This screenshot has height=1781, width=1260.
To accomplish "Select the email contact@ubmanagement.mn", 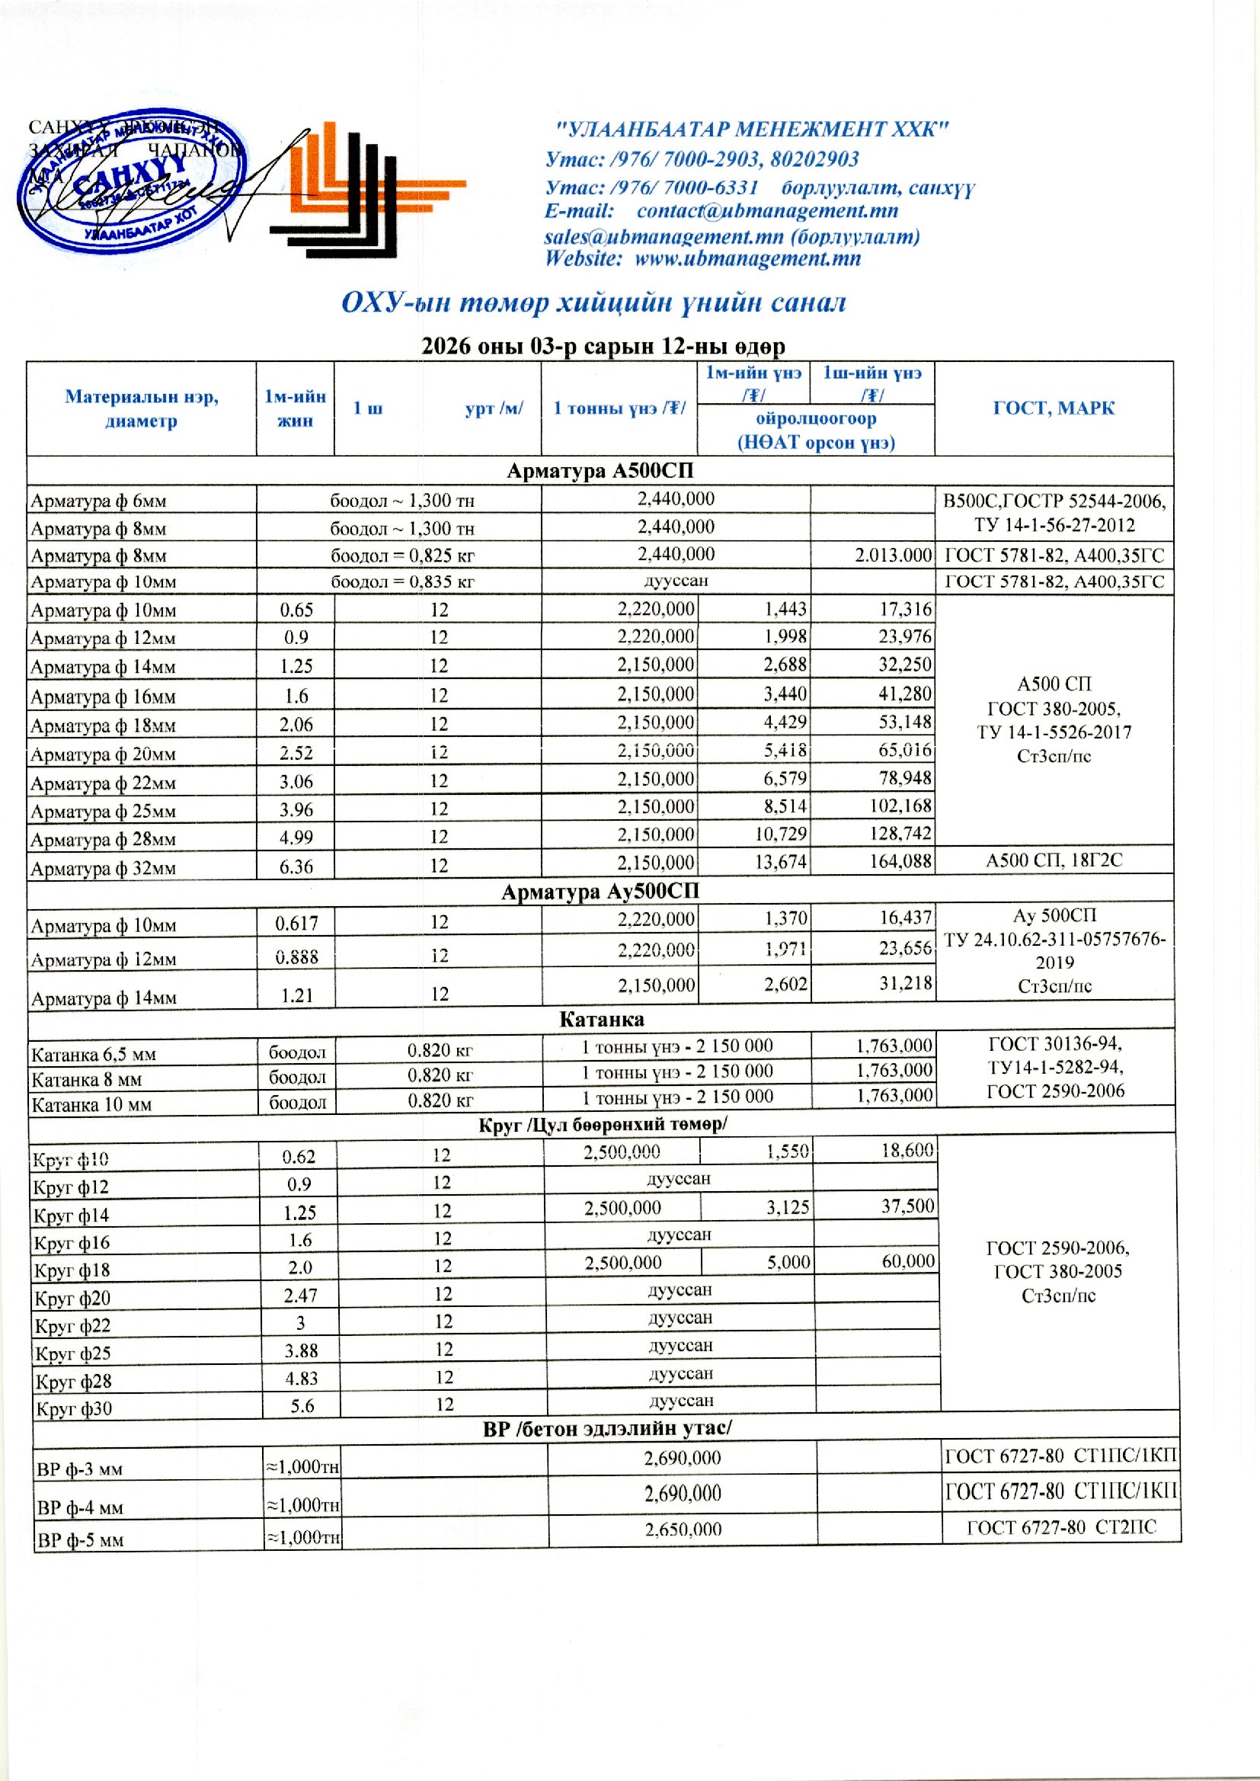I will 766,211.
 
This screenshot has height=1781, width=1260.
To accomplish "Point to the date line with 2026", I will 603,346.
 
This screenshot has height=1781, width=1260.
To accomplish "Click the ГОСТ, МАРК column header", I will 1053,408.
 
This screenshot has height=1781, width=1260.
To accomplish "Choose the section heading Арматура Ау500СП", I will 600,892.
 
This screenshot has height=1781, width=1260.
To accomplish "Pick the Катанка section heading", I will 601,1019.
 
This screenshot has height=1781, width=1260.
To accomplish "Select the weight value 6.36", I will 296,865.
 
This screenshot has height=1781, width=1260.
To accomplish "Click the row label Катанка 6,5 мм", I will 94,1055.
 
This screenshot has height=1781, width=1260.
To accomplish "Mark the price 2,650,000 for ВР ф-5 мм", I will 683,1529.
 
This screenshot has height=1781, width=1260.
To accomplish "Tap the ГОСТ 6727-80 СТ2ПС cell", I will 1060,1527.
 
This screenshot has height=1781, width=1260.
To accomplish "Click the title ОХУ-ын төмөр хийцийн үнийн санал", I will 593,303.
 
